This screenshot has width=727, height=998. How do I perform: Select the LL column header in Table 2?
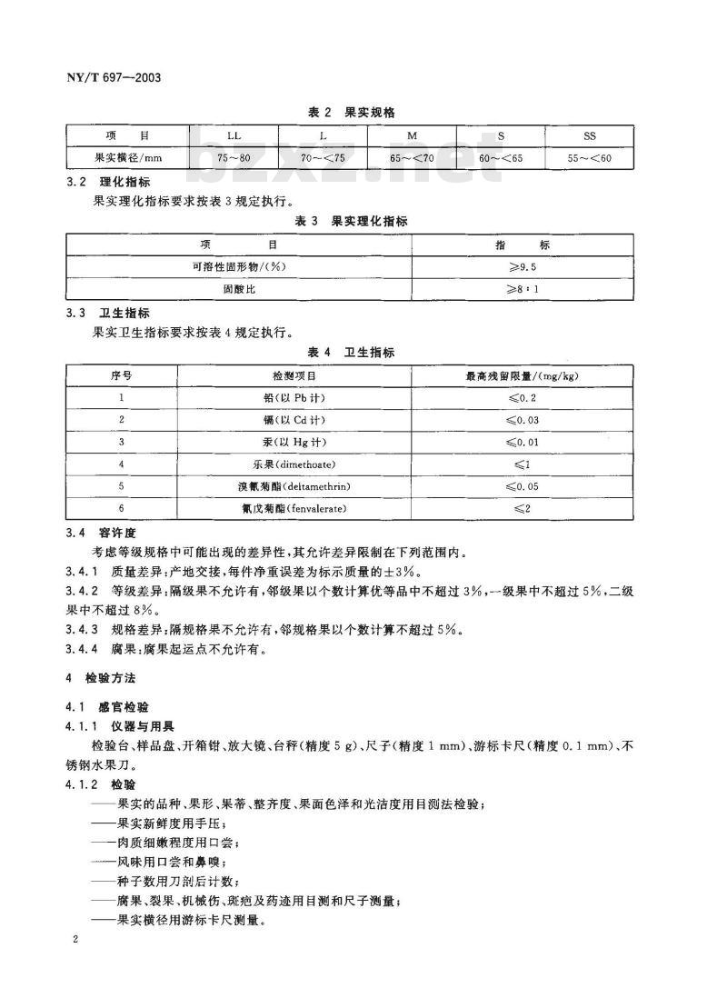click(x=234, y=136)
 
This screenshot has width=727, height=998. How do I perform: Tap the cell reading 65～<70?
click(x=412, y=158)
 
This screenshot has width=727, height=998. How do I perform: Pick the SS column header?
click(x=590, y=136)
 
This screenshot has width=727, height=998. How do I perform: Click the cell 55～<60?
click(x=590, y=158)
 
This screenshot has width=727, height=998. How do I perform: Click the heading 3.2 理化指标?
click(x=108, y=183)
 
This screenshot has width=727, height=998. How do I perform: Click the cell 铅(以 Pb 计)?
click(x=294, y=397)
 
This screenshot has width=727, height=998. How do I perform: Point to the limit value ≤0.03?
click(x=523, y=419)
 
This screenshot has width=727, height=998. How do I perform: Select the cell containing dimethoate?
click(x=294, y=464)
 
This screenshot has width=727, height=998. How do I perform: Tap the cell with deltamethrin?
click(x=294, y=486)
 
